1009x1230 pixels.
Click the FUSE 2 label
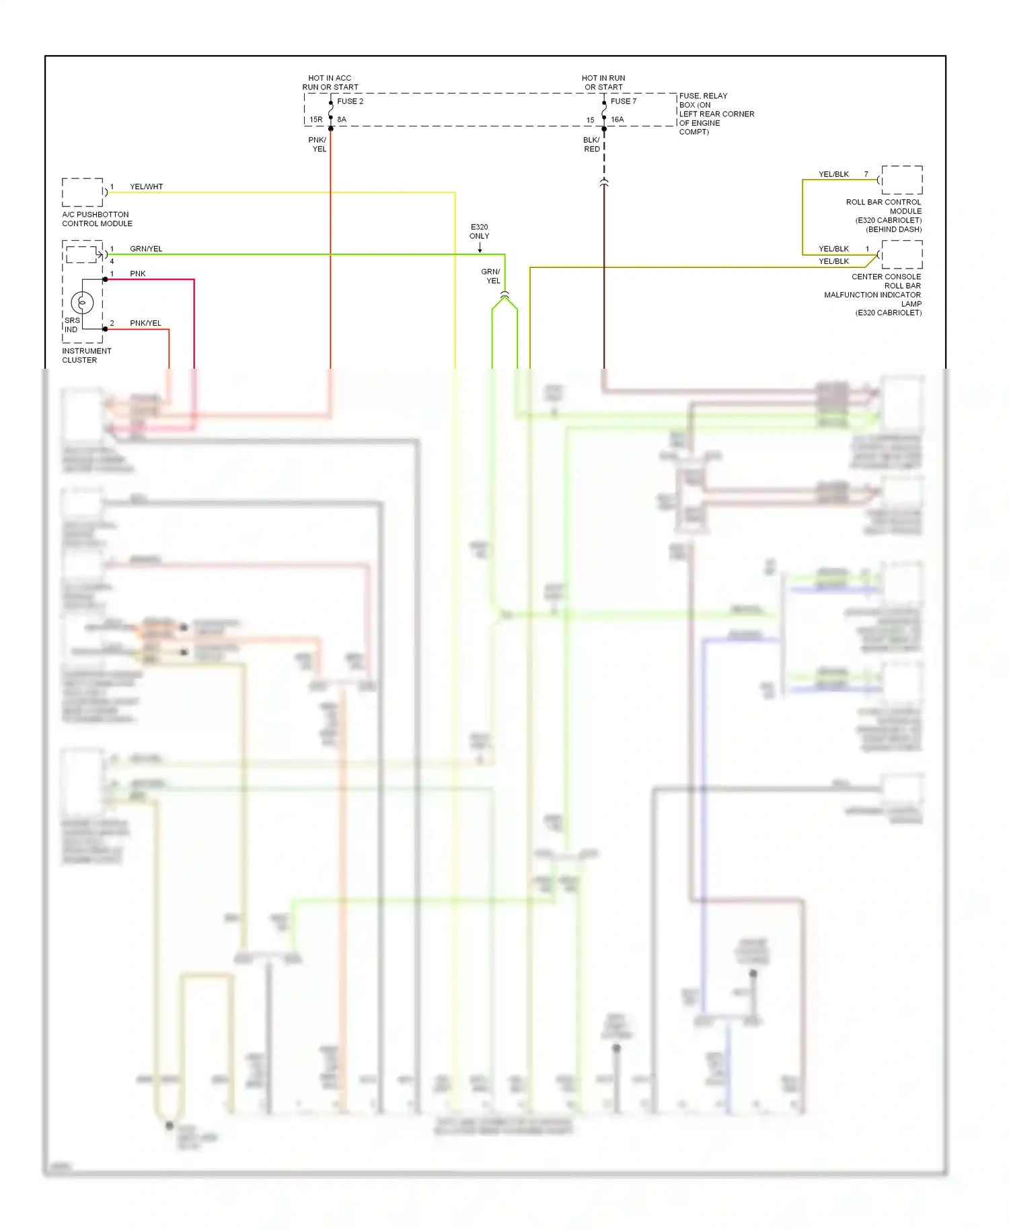(x=350, y=102)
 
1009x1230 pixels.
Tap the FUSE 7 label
(x=623, y=102)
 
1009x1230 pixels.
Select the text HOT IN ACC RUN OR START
(x=330, y=83)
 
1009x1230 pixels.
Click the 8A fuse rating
(x=342, y=120)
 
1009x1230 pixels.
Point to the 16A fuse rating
(x=617, y=120)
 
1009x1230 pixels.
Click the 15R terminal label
(x=315, y=120)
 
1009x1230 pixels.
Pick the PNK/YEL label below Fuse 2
(x=318, y=145)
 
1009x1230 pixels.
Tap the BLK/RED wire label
(x=591, y=145)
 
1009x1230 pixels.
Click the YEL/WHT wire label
(x=146, y=187)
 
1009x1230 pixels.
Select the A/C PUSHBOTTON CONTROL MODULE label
(x=97, y=219)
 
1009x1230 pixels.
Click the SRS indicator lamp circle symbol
(x=82, y=303)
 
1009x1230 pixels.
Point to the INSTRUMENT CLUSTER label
(x=86, y=355)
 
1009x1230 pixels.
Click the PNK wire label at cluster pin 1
(x=137, y=274)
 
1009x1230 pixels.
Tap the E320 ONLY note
(x=480, y=231)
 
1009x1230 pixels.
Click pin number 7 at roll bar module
(x=866, y=174)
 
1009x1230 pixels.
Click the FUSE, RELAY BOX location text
(x=716, y=114)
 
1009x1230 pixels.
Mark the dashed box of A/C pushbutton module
(x=82, y=192)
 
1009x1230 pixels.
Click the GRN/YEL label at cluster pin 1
(x=146, y=249)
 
